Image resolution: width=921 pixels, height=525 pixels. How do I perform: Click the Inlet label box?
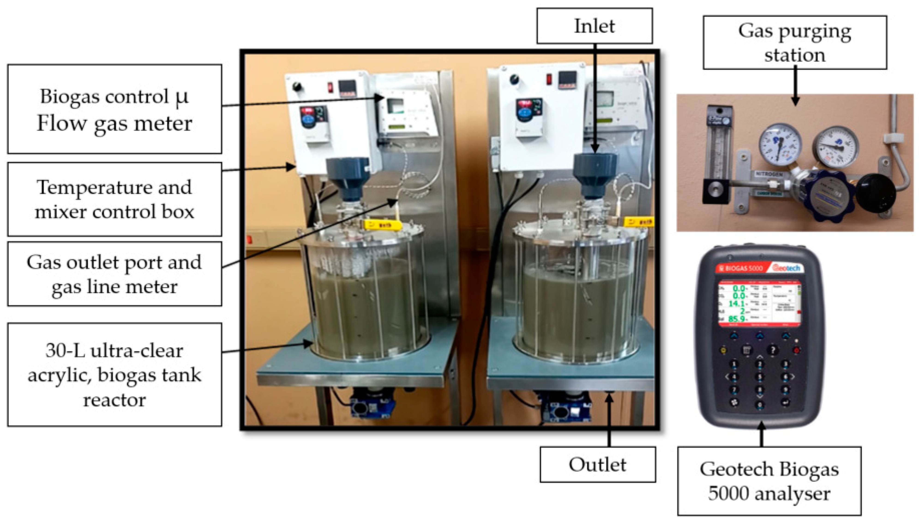(594, 26)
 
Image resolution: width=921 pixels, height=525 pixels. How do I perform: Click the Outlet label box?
(597, 464)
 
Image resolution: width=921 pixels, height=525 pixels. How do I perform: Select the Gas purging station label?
(795, 42)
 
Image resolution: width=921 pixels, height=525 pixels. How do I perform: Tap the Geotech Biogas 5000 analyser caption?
(769, 481)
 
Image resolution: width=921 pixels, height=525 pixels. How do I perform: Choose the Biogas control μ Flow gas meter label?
(114, 109)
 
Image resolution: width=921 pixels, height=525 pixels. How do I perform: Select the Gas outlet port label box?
(114, 274)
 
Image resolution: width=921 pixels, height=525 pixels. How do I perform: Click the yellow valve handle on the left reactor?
(382, 225)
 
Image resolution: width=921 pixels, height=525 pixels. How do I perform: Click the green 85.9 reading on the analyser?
(736, 319)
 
